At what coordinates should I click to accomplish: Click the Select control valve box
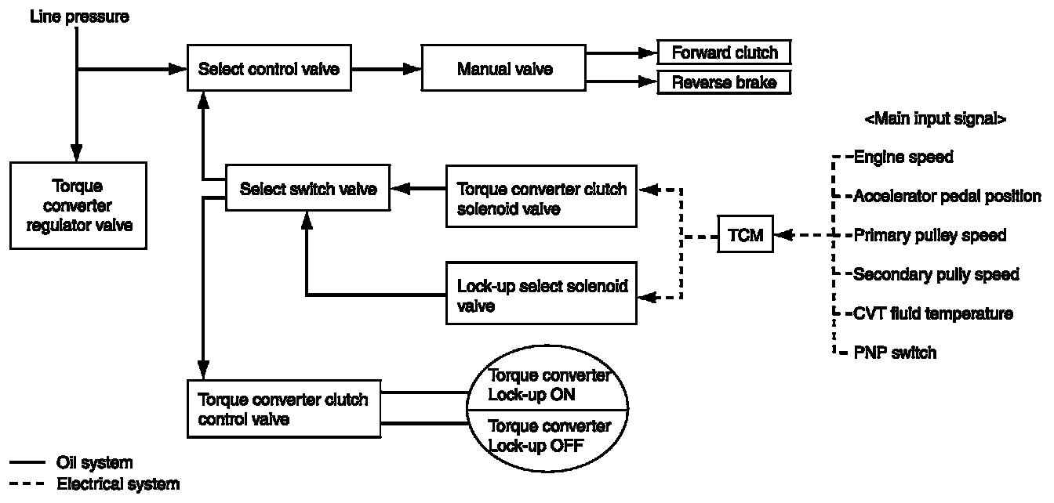(x=268, y=69)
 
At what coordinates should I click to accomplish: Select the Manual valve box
(x=504, y=69)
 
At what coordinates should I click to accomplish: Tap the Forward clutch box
(x=724, y=52)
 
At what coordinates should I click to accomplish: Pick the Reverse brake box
(x=724, y=81)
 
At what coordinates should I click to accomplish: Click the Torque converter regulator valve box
(x=78, y=205)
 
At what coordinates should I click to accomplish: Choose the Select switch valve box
(x=307, y=188)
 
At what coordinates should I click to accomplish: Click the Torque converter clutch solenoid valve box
(x=541, y=196)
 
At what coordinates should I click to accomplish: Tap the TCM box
(x=745, y=235)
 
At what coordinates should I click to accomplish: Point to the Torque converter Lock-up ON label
(x=548, y=385)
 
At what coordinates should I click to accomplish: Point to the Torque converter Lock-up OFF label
(x=548, y=436)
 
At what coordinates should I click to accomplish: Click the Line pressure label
(x=78, y=16)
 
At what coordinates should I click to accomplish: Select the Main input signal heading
(x=935, y=119)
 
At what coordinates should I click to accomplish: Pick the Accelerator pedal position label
(x=947, y=196)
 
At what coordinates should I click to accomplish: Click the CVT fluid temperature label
(x=932, y=313)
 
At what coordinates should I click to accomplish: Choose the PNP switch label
(x=894, y=353)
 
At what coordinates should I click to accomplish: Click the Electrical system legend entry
(x=118, y=484)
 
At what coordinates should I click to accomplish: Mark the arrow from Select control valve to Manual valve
(x=386, y=69)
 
